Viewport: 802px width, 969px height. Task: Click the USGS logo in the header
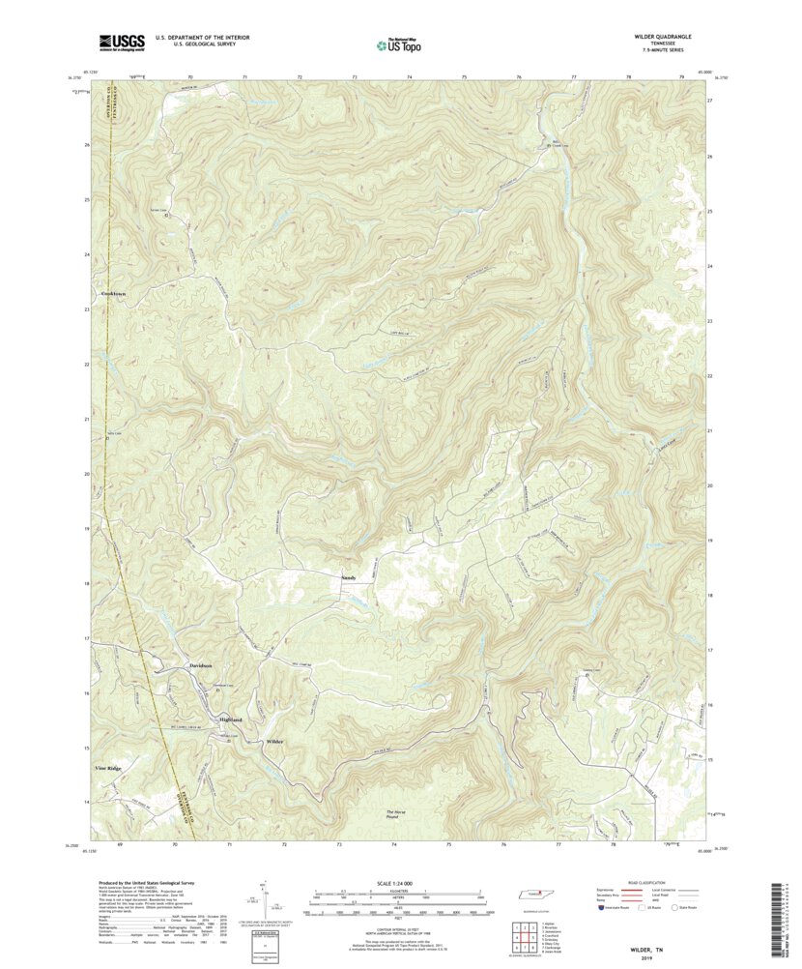coord(121,42)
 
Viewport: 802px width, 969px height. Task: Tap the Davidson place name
coord(200,667)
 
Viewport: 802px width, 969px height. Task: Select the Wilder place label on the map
coord(274,741)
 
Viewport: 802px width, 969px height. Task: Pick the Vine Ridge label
coord(108,768)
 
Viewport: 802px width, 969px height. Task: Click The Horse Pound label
coord(397,814)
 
